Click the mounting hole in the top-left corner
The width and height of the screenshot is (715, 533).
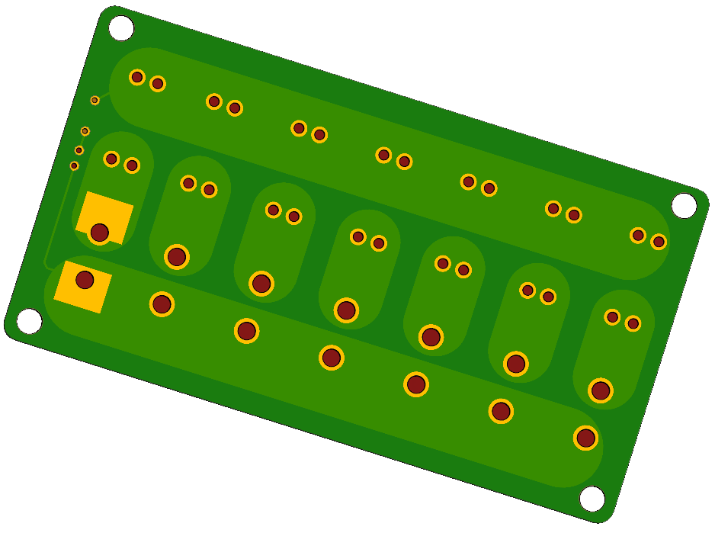click(x=121, y=28)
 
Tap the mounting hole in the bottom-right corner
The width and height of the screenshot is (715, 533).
click(x=592, y=499)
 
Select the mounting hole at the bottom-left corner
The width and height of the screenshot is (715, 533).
click(x=29, y=321)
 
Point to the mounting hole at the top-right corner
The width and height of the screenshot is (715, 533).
click(x=684, y=206)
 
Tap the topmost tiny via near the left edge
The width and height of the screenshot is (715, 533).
click(x=95, y=101)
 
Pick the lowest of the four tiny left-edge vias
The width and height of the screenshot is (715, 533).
click(x=74, y=165)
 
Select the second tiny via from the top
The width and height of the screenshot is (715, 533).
click(x=85, y=131)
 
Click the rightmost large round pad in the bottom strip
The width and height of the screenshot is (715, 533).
click(x=585, y=438)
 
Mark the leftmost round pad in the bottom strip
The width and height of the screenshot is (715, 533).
click(x=162, y=304)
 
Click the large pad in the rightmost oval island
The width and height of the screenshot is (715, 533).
click(x=601, y=390)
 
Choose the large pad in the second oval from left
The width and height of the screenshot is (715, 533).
click(x=177, y=256)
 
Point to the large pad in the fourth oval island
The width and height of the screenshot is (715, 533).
click(x=346, y=310)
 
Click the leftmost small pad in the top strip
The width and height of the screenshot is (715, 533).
click(x=137, y=77)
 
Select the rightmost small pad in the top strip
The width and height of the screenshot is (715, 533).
click(x=659, y=242)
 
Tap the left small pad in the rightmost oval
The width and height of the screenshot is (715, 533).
click(x=612, y=317)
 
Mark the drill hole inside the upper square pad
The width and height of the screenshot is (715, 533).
click(x=99, y=232)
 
